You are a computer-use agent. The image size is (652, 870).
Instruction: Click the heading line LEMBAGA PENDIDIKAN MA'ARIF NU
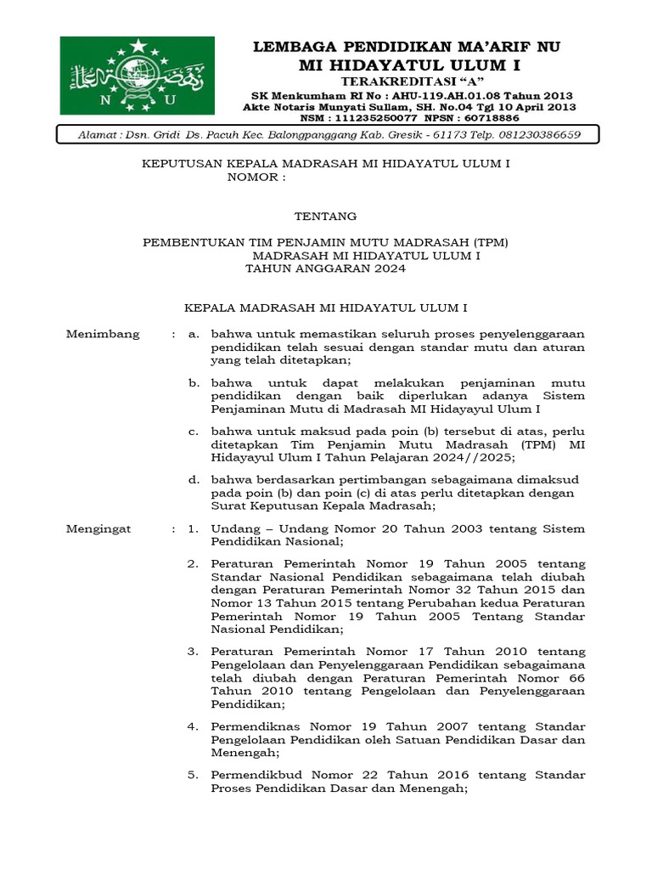[x=407, y=46]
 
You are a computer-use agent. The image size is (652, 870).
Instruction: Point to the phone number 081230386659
[x=530, y=135]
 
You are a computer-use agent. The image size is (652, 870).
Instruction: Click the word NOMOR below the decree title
[x=253, y=178]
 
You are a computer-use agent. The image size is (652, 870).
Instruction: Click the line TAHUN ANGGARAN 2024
[x=325, y=268]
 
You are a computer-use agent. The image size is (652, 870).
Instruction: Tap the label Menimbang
[x=103, y=334]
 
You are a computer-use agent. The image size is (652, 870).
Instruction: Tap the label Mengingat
[x=98, y=528]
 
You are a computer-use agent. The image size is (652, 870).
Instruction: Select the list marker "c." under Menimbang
[x=194, y=431]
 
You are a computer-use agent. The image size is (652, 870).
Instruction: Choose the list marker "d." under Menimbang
[x=194, y=479]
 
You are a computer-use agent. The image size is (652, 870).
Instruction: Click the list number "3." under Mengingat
[x=193, y=651]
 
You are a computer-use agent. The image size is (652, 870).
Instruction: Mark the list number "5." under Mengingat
[x=193, y=775]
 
